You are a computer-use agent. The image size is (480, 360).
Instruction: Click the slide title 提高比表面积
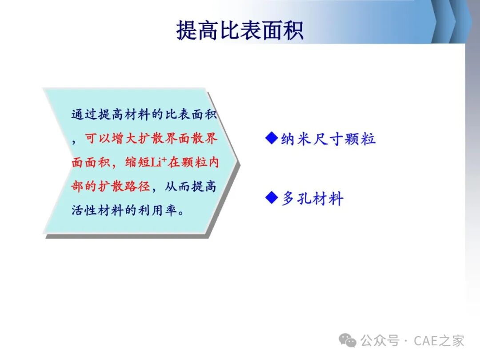(240, 30)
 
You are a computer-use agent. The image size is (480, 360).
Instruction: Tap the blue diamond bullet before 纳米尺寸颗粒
(271, 138)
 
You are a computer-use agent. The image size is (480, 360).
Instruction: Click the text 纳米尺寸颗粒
(328, 139)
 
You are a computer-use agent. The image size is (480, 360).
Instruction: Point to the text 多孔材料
(312, 198)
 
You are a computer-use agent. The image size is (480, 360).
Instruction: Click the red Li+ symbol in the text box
(158, 162)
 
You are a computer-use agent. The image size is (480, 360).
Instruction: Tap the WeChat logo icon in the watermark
(348, 340)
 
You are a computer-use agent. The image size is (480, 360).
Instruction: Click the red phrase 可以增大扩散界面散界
(151, 138)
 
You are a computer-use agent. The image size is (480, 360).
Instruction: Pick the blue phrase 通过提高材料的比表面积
(144, 114)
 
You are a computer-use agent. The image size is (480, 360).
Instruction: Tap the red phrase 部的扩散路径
(111, 186)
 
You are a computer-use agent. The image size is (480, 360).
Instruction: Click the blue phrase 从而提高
(190, 186)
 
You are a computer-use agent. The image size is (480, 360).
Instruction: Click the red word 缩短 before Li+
(137, 162)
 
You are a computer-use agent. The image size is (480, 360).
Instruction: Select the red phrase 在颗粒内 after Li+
(193, 162)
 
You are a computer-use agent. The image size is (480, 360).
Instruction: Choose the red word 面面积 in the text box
(91, 162)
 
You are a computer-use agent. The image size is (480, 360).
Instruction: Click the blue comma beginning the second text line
(74, 142)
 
